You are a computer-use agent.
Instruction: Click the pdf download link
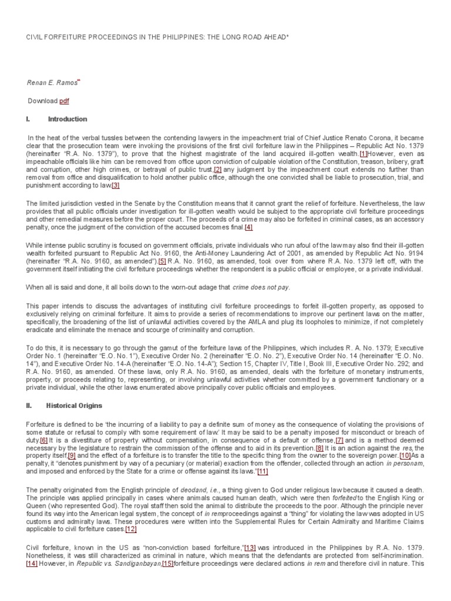pos(64,101)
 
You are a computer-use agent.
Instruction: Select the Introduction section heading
pos(67,119)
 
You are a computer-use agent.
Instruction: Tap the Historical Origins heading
pos(75,406)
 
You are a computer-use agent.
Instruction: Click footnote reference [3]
pos(115,186)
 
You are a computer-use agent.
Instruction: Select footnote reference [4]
pos(248,227)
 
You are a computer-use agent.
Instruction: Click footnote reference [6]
pos(43,440)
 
